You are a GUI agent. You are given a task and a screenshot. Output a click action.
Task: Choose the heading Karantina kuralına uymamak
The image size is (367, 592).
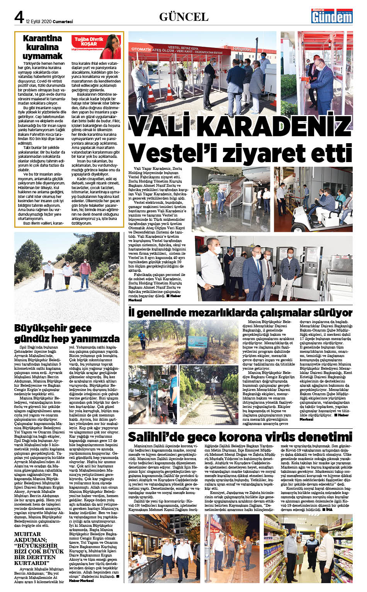(42, 47)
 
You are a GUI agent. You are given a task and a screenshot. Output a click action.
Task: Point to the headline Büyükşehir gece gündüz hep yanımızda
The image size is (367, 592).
(66, 333)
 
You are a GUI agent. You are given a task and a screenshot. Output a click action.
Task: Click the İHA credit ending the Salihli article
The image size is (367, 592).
(329, 509)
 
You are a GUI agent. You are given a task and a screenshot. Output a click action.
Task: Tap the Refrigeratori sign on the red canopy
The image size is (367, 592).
(242, 49)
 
